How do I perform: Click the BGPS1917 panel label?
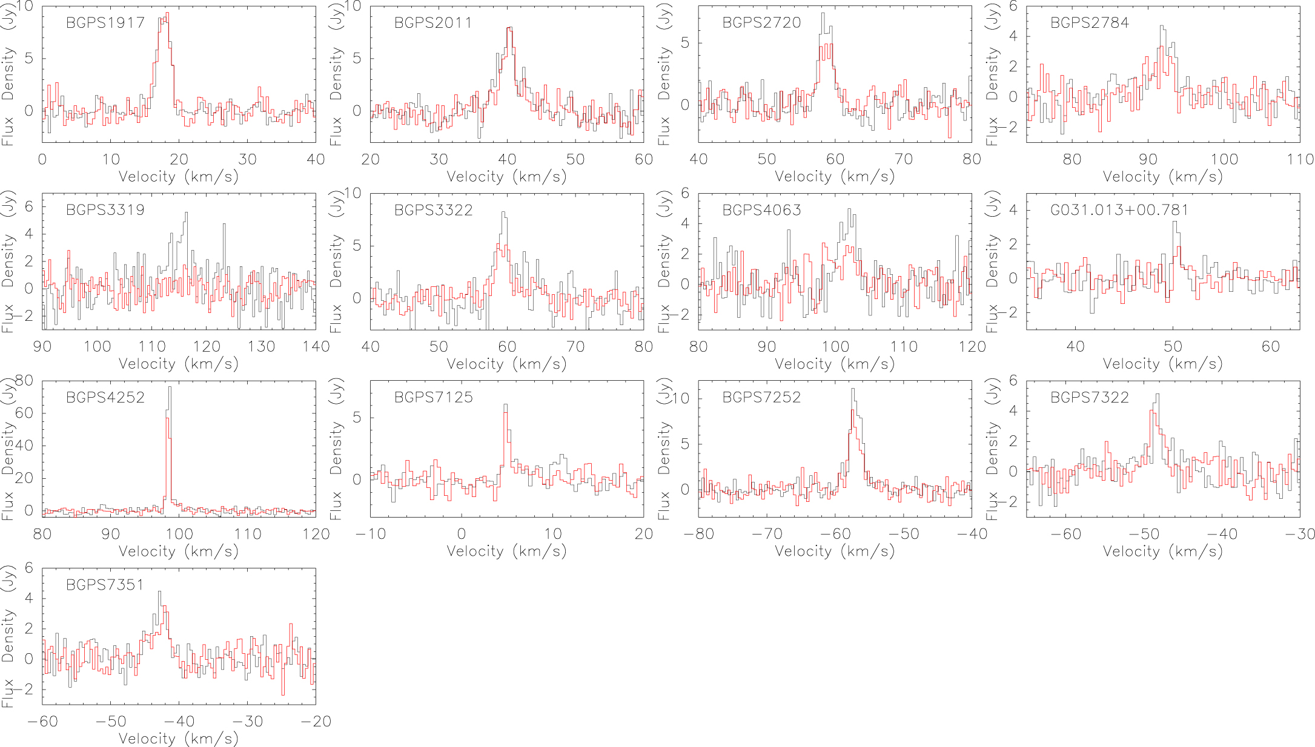click(105, 23)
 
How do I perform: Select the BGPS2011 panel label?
click(432, 23)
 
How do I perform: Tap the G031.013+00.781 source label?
click(1119, 210)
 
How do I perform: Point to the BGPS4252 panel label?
click(105, 398)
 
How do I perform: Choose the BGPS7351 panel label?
click(105, 585)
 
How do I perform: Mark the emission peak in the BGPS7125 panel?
click(505, 405)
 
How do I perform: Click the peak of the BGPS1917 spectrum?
click(167, 13)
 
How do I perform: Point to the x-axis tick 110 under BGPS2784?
click(1300, 159)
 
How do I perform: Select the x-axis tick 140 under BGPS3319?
click(316, 346)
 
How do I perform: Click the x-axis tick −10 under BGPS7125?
click(369, 534)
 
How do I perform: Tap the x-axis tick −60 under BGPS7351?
click(42, 721)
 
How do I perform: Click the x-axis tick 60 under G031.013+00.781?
click(1270, 346)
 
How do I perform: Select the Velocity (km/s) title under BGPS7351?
click(178, 739)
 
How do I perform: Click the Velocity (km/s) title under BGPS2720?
click(834, 177)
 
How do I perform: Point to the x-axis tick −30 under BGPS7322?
click(1300, 534)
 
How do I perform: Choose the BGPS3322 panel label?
click(432, 210)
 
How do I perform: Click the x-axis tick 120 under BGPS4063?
click(972, 346)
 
